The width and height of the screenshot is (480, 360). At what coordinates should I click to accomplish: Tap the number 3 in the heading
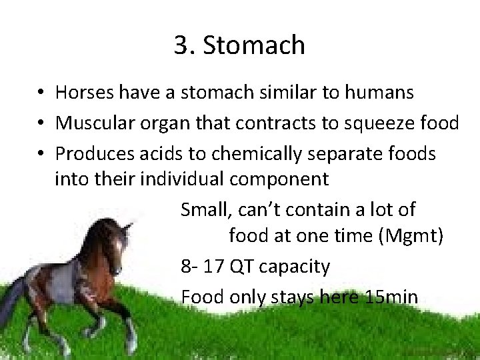pos(181,46)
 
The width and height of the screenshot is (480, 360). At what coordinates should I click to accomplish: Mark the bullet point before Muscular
pos(41,123)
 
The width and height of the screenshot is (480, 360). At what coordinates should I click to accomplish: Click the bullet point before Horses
pos(41,93)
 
